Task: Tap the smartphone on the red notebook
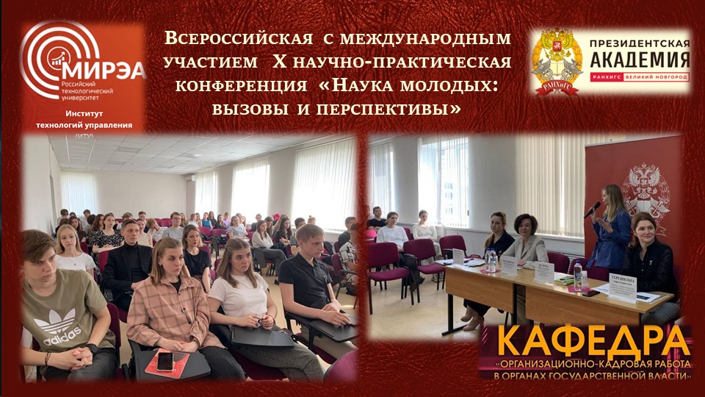pos(164,360)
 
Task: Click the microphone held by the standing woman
pos(592,210)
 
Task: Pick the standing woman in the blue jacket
pos(610,228)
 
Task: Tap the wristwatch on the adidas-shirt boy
pos(90,347)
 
